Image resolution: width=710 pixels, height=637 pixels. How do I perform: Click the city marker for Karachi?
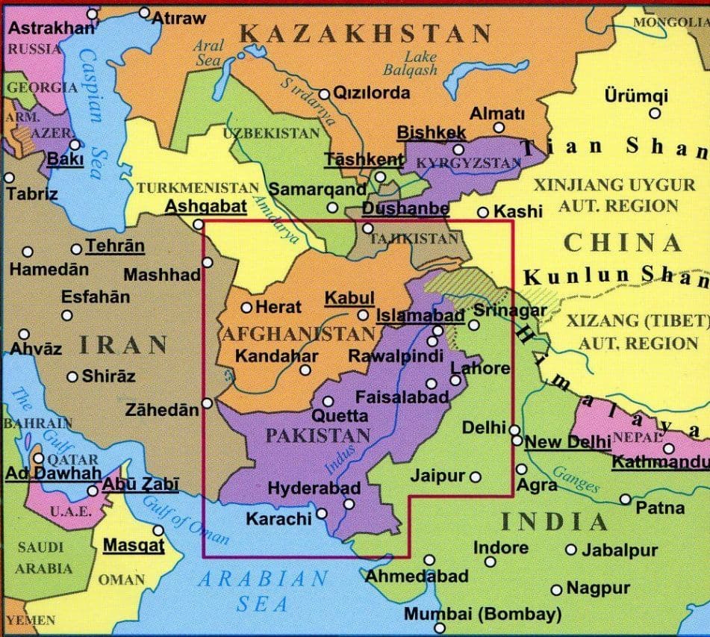pos(322,513)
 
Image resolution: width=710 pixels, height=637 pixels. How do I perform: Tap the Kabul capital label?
pos(349,298)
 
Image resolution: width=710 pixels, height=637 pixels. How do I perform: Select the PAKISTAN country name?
pos(318,435)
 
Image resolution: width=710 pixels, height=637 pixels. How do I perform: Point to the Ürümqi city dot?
pos(655,114)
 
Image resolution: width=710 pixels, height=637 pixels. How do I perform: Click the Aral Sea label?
pos(208,53)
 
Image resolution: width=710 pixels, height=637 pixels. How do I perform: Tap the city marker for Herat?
pos(247,307)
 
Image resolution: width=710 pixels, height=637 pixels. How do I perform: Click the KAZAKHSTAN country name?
pos(365,33)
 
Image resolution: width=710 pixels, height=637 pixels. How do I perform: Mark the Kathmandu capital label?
pos(660,462)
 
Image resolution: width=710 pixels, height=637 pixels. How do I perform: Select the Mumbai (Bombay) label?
pos(482,614)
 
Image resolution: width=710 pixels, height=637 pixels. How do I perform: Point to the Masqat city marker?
pos(158,530)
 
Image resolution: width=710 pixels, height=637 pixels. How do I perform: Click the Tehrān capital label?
pos(115,246)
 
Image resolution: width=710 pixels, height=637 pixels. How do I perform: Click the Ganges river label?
pos(576,479)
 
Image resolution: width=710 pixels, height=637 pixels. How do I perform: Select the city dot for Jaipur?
pos(475,476)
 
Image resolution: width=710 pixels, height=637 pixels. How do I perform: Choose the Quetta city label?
pos(340,416)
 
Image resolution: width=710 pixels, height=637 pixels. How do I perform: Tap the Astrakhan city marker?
pos(92,14)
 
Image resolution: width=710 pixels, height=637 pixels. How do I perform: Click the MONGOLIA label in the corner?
pos(670,22)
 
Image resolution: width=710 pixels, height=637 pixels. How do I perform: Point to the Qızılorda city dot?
pos(324,94)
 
